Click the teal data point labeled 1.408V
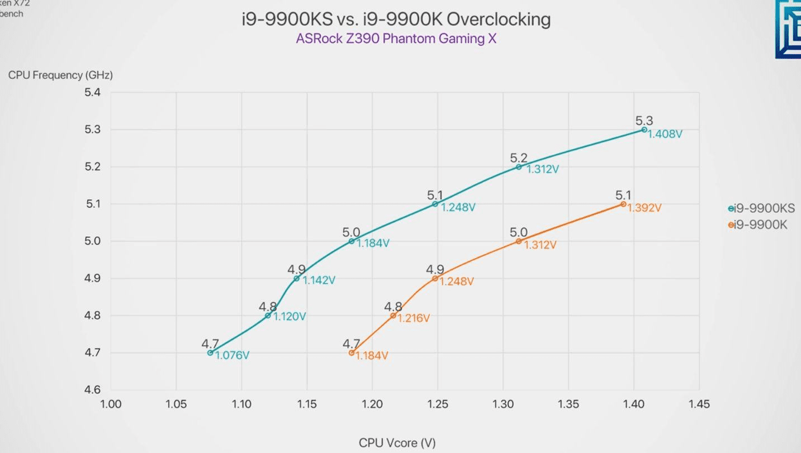pyautogui.click(x=644, y=130)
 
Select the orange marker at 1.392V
pyautogui.click(x=623, y=204)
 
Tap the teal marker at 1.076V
pyautogui.click(x=210, y=352)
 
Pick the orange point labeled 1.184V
pyautogui.click(x=352, y=352)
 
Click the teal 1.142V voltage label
pyautogui.click(x=319, y=280)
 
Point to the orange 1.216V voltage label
pyautogui.click(x=414, y=318)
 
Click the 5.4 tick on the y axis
pyautogui.click(x=93, y=93)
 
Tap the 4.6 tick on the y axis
pyautogui.click(x=93, y=390)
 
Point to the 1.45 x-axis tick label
pyautogui.click(x=699, y=404)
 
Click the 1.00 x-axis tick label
pyautogui.click(x=111, y=404)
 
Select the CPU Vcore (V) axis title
pyautogui.click(x=397, y=443)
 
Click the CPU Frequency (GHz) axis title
pyautogui.click(x=60, y=75)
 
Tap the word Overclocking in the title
pyautogui.click(x=499, y=20)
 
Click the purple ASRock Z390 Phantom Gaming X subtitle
pyautogui.click(x=396, y=39)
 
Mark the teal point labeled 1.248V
pyautogui.click(x=435, y=204)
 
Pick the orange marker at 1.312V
pyautogui.click(x=519, y=241)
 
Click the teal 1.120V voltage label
pyautogui.click(x=290, y=317)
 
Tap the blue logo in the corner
pyautogui.click(x=788, y=29)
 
